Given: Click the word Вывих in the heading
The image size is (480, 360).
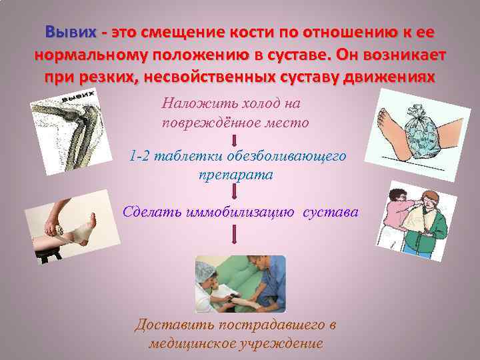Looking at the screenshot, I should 70,32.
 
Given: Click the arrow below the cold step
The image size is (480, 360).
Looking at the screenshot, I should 234,139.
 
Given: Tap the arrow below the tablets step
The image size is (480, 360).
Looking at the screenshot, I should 234,193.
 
